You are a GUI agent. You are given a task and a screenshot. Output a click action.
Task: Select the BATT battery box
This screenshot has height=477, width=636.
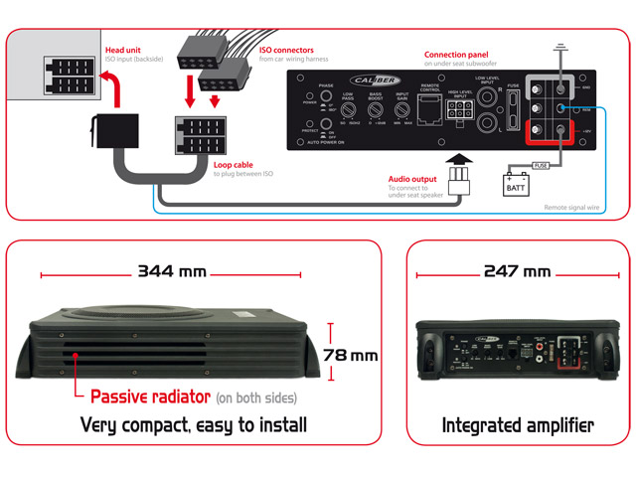click(x=518, y=184)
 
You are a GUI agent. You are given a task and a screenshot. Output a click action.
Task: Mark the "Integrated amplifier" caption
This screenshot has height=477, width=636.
click(x=518, y=425)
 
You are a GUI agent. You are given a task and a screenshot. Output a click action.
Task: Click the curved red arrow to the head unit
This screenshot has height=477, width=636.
click(x=112, y=94)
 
